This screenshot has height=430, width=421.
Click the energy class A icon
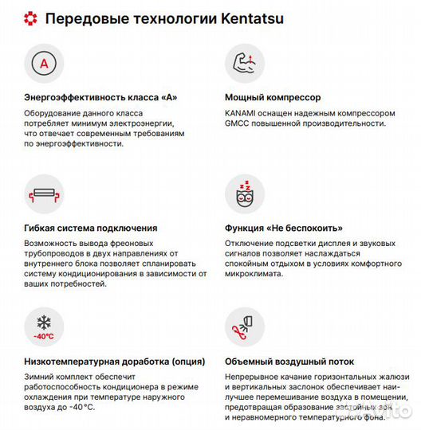click(x=43, y=64)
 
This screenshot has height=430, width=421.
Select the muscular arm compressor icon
click(x=243, y=63)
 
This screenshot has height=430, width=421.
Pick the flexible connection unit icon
click(x=43, y=194)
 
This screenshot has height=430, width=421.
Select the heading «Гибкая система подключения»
click(x=91, y=228)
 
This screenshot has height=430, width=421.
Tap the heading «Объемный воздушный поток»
click(x=289, y=362)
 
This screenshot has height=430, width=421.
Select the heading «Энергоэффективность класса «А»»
click(x=100, y=97)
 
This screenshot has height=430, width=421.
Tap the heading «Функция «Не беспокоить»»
click(x=283, y=228)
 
